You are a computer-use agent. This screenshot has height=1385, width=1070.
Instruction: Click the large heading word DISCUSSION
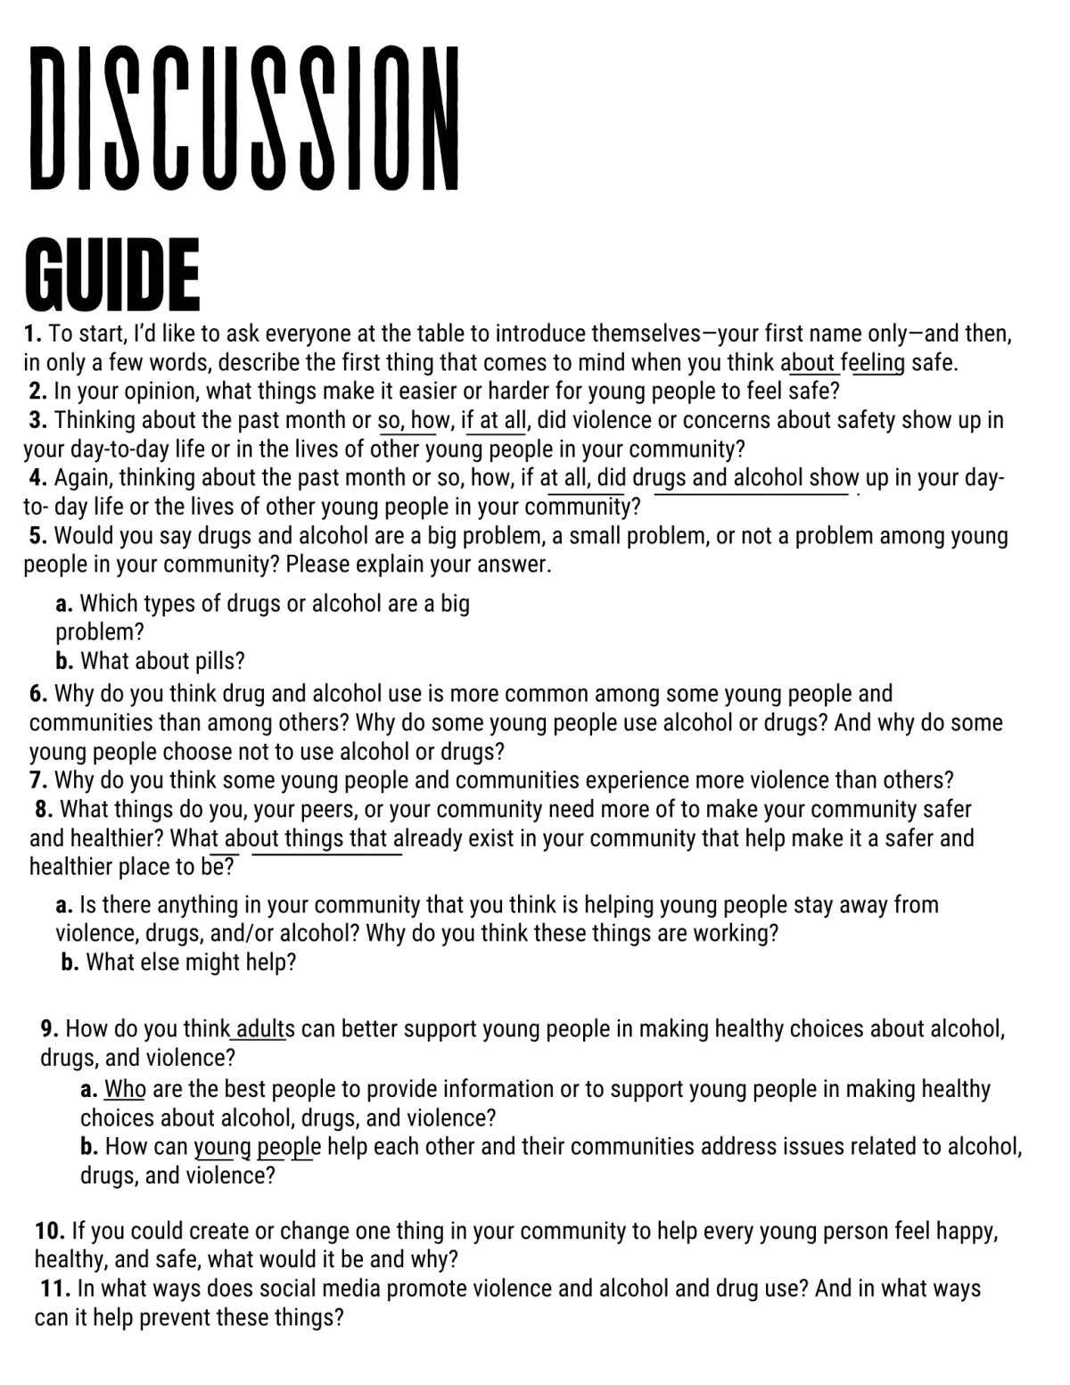click(243, 119)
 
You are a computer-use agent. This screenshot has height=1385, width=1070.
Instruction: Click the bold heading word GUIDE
click(112, 272)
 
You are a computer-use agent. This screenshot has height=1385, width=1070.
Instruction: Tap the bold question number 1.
click(33, 334)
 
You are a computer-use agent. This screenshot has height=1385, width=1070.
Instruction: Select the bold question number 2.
click(38, 392)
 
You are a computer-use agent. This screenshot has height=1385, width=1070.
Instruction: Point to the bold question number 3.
click(38, 420)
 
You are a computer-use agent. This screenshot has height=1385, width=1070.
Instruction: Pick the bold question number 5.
click(38, 536)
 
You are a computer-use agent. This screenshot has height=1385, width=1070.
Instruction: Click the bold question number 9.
click(50, 1029)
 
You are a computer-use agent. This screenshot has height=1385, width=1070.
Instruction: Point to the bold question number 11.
click(55, 1289)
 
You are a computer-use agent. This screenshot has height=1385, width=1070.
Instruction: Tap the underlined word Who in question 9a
click(125, 1089)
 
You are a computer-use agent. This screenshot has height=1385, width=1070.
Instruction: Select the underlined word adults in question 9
click(260, 1029)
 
